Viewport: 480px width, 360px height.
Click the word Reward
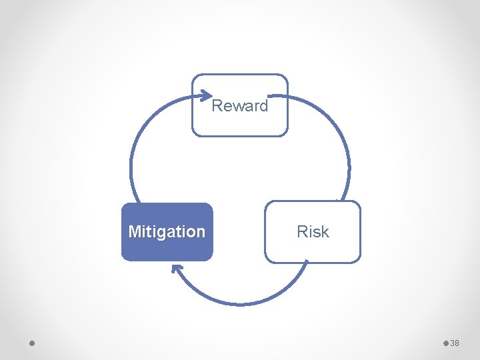click(x=240, y=106)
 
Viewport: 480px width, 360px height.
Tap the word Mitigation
click(x=167, y=232)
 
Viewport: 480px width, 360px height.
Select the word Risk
click(x=313, y=232)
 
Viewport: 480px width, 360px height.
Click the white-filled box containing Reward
click(x=240, y=123)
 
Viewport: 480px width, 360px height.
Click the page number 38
click(x=455, y=343)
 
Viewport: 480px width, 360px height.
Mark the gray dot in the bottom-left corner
click(x=32, y=343)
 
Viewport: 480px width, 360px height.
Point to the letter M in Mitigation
click(x=134, y=232)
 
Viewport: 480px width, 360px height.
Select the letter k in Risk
click(x=325, y=232)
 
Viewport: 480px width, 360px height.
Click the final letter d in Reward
click(x=264, y=106)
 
